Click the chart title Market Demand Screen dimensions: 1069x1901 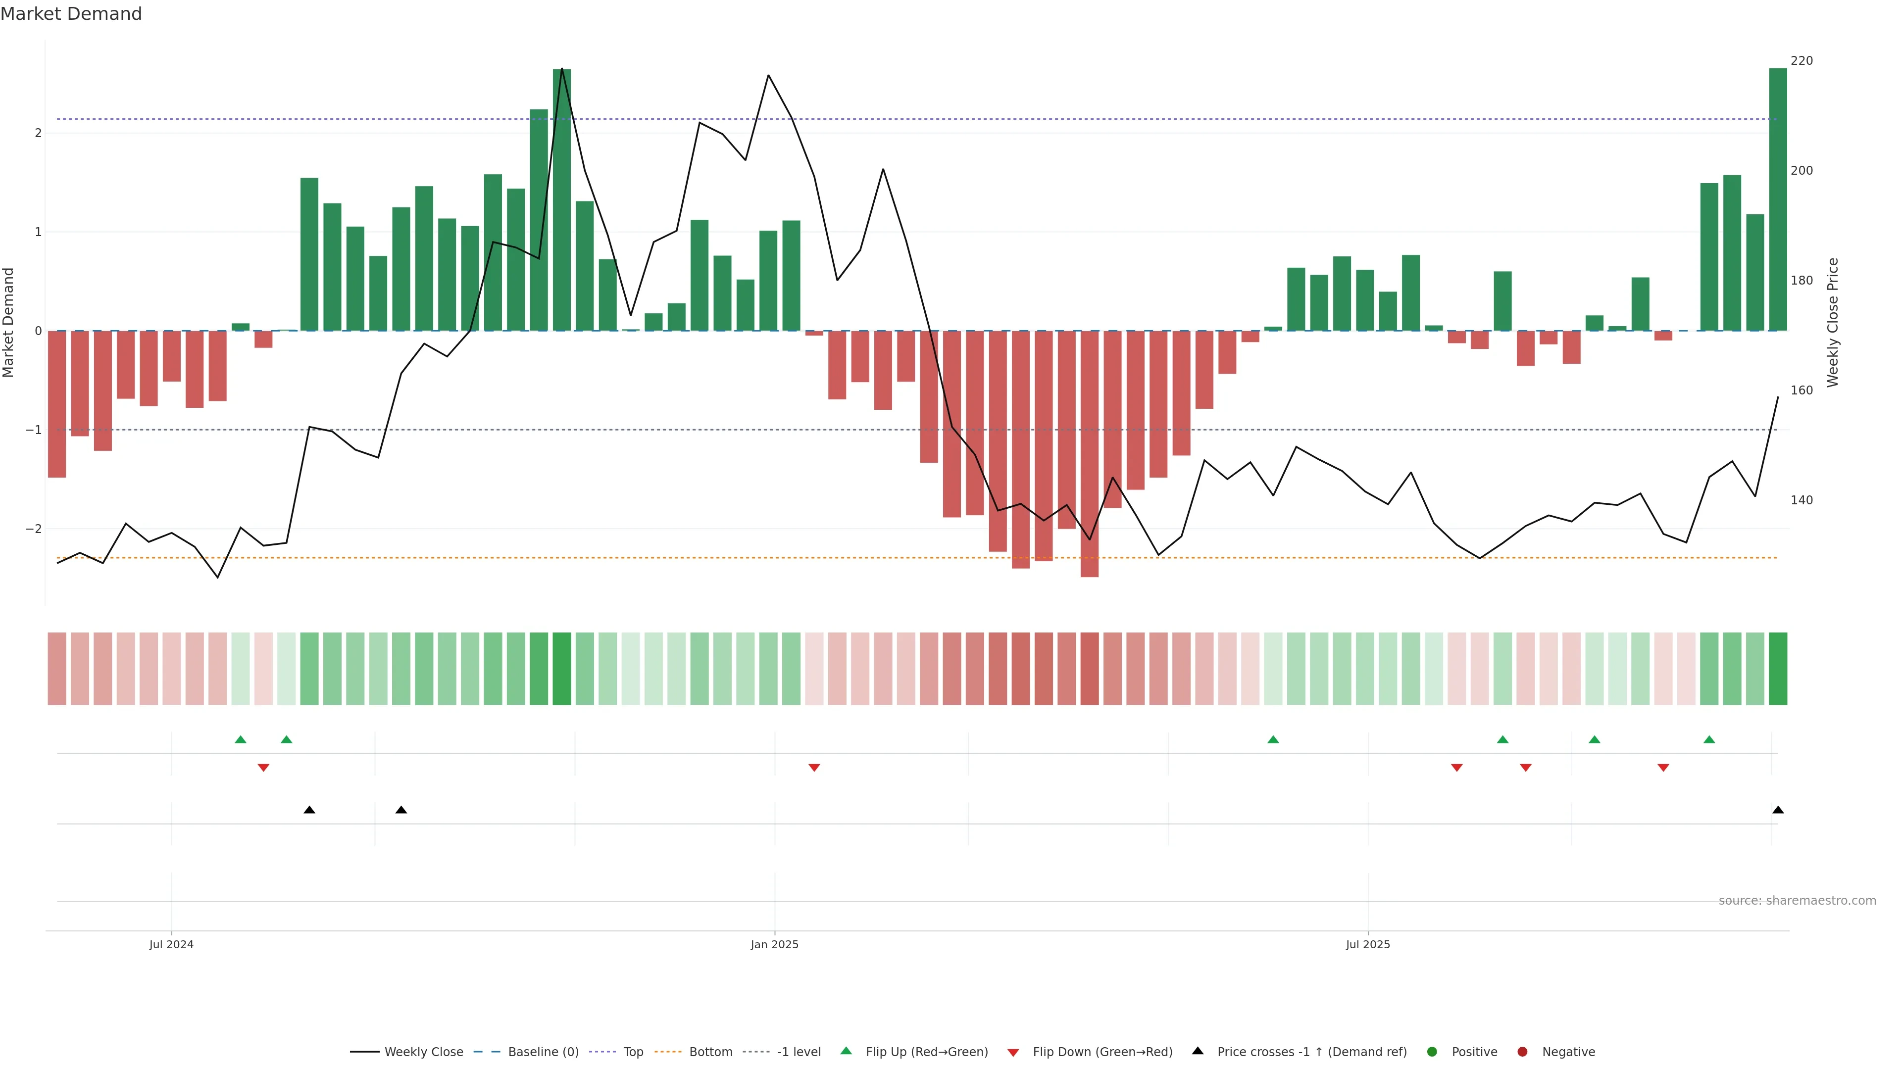[x=71, y=14]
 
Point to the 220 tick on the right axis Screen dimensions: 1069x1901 [x=1801, y=60]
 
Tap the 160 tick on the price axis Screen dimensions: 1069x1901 [x=1801, y=390]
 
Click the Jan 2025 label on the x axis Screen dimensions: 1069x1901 [x=774, y=944]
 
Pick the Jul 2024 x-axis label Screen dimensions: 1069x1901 [x=171, y=944]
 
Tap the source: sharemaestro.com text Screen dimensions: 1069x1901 [x=1797, y=901]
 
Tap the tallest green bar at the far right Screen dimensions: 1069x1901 [x=1778, y=199]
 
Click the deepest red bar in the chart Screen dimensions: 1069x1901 [x=1089, y=454]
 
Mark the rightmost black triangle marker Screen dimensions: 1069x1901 [x=1778, y=810]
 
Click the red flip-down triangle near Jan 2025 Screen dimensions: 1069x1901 [x=814, y=768]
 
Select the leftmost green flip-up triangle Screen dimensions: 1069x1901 [x=241, y=739]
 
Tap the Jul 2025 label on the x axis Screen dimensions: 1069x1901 [x=1367, y=944]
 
